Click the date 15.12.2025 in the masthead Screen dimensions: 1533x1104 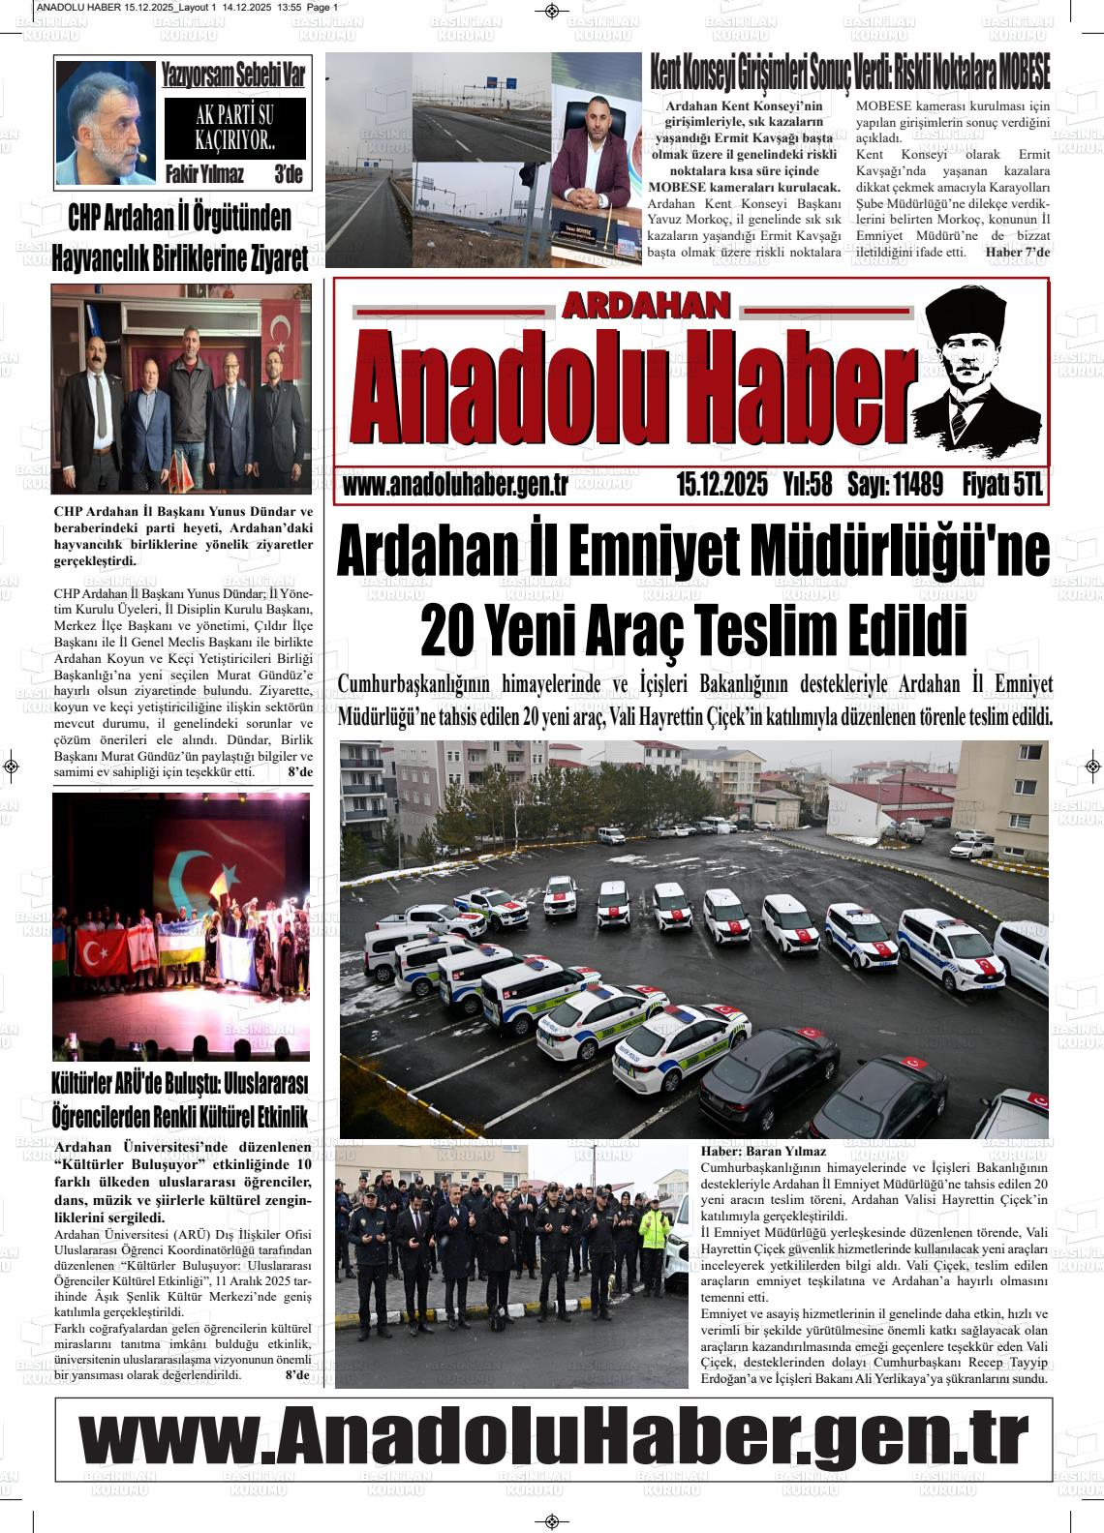click(722, 485)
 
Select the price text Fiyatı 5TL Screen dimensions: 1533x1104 click(1002, 485)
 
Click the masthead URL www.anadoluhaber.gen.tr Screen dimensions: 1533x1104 click(455, 485)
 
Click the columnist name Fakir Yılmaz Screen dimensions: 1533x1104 click(204, 175)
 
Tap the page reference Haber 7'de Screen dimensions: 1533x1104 click(1017, 253)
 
